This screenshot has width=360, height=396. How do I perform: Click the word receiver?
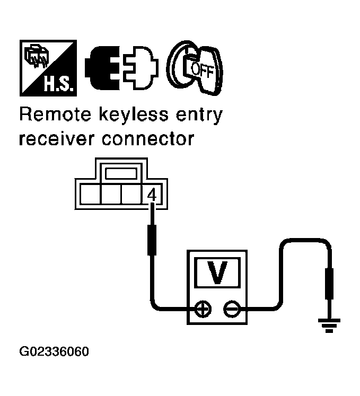[x=54, y=139]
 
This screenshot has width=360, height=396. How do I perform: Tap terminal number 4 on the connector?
[x=151, y=195]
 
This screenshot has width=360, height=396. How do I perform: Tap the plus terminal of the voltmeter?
[x=202, y=308]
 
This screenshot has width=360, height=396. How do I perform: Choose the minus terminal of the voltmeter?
[x=232, y=308]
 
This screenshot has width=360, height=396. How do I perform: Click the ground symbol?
[x=329, y=324]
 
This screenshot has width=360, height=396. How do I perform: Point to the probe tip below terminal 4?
[x=152, y=240]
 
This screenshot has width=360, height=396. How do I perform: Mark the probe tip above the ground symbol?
[x=329, y=285]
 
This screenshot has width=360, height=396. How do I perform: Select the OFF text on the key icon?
[x=201, y=70]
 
